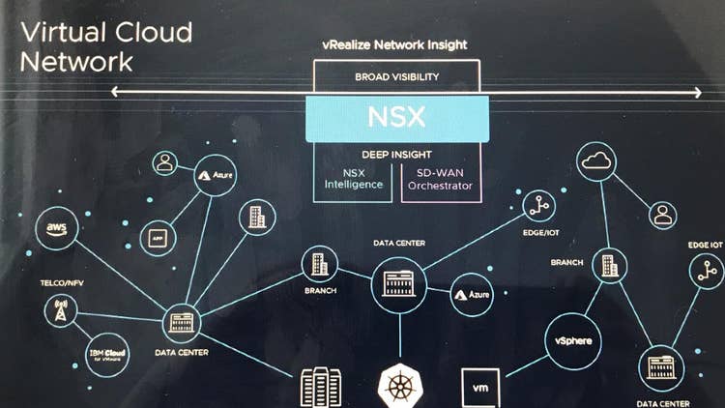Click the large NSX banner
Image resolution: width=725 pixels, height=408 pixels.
[x=394, y=118]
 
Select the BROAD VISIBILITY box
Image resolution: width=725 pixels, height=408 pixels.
[x=395, y=75]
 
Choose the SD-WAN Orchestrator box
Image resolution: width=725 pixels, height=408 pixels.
[x=440, y=179]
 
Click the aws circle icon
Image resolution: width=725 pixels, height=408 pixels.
[x=56, y=229]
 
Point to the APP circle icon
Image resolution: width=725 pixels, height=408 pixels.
[x=158, y=237]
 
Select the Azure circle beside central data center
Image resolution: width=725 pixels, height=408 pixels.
[x=473, y=293]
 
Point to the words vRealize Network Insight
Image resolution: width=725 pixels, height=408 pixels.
[x=396, y=45]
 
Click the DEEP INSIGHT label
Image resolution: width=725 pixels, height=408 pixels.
[x=395, y=154]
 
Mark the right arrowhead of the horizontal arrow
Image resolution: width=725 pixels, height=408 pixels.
[x=698, y=93]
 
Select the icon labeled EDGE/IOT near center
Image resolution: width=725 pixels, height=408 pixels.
[x=538, y=205]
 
